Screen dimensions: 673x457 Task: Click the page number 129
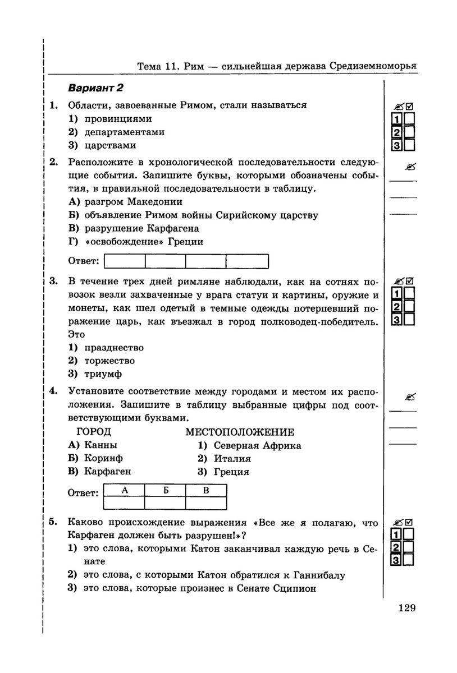tap(406, 607)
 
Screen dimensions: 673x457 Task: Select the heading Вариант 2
tap(95, 88)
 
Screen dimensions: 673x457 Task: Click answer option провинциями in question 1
tap(118, 119)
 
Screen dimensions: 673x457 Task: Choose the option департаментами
tap(124, 132)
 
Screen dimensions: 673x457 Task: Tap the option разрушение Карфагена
tap(141, 229)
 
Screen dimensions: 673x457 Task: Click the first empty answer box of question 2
tap(125, 261)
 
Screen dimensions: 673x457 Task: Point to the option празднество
tap(113, 348)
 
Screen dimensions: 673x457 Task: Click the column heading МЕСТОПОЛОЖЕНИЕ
tap(240, 432)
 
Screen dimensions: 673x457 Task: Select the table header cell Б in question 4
tap(166, 491)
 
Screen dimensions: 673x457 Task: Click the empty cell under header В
tap(206, 503)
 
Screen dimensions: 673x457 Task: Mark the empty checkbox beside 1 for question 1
tap(410, 119)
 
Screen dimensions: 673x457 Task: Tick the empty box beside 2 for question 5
tap(409, 547)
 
